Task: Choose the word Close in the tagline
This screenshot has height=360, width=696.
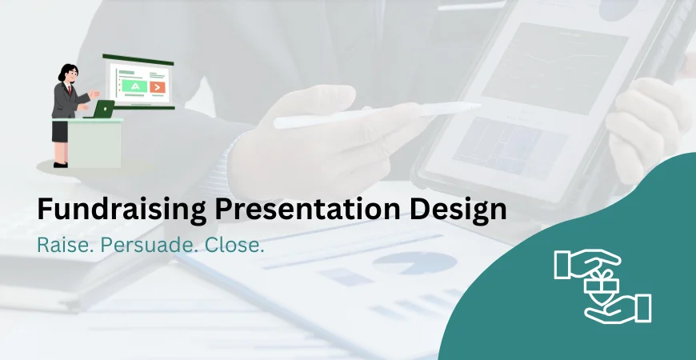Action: click(x=234, y=246)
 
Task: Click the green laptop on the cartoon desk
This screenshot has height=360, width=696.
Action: click(x=103, y=110)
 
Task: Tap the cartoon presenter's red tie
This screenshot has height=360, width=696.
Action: click(x=70, y=90)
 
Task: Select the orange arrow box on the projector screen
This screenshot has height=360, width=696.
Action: click(x=158, y=86)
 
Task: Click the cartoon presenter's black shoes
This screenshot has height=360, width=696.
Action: click(x=60, y=165)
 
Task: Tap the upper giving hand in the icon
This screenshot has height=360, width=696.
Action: click(x=584, y=263)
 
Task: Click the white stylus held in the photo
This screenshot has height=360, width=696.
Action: click(x=376, y=114)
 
